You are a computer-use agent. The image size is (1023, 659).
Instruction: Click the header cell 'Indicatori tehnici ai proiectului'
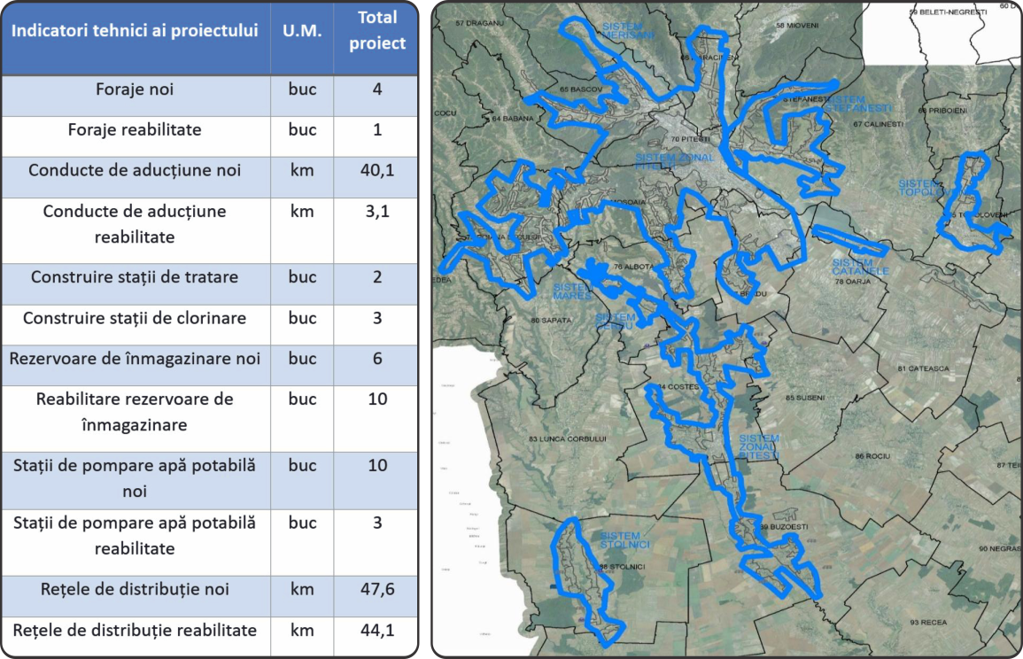tap(135, 30)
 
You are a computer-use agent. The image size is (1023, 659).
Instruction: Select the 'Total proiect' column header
tap(376, 30)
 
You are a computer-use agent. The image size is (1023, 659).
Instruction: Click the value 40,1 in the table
tap(376, 170)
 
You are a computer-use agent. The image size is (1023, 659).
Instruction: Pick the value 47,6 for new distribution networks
tap(376, 589)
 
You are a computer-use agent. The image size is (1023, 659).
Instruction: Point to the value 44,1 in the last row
tap(376, 631)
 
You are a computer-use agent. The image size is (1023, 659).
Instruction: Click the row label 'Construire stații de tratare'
tap(135, 277)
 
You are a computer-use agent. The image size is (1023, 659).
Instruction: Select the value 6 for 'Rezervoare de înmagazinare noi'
tap(376, 359)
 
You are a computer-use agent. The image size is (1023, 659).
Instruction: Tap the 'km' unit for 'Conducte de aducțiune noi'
tap(301, 170)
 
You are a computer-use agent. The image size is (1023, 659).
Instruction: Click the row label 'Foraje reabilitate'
tap(135, 130)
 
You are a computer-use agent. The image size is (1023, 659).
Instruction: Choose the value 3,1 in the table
tap(376, 212)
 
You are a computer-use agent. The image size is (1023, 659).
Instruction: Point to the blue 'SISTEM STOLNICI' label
tap(624, 540)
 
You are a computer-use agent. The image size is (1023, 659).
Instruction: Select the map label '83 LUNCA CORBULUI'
tap(566, 439)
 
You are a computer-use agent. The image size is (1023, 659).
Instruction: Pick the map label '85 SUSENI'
tap(805, 398)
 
